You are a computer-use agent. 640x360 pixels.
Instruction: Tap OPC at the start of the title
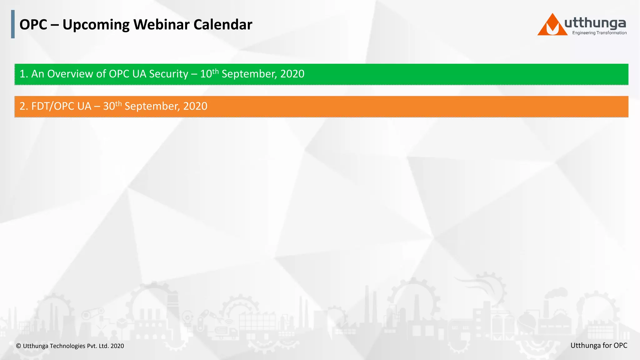pyautogui.click(x=33, y=25)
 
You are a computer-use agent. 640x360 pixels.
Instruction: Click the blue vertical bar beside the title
pyautogui.click(x=13, y=24)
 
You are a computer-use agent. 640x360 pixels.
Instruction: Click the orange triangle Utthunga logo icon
pyautogui.click(x=552, y=26)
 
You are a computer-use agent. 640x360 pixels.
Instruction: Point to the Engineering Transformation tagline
pyautogui.click(x=599, y=33)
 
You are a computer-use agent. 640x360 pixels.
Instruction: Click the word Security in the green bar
pyautogui.click(x=168, y=74)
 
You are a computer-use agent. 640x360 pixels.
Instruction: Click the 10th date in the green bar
pyautogui.click(x=209, y=74)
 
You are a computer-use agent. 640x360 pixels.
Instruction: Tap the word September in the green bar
pyautogui.click(x=249, y=74)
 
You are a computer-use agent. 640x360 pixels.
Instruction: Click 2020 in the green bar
pyautogui.click(x=292, y=74)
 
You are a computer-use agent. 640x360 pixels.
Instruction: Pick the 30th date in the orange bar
pyautogui.click(x=112, y=106)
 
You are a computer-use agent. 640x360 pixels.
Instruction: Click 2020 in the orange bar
pyautogui.click(x=195, y=106)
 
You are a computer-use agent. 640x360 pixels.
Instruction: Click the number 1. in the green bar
pyautogui.click(x=24, y=74)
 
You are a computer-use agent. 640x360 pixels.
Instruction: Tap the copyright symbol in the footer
pyautogui.click(x=18, y=346)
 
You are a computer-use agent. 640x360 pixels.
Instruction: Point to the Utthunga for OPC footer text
pyautogui.click(x=598, y=345)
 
